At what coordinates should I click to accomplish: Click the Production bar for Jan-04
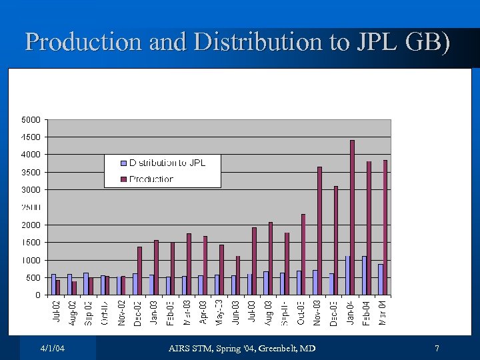pyautogui.click(x=352, y=217)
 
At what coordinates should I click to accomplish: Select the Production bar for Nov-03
pyautogui.click(x=319, y=231)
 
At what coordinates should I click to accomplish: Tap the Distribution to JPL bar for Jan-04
pyautogui.click(x=347, y=275)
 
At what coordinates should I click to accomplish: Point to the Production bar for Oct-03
pyautogui.click(x=303, y=254)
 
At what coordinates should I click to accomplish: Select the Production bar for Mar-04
pyautogui.click(x=385, y=227)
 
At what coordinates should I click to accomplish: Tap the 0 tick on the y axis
pyautogui.click(x=38, y=295)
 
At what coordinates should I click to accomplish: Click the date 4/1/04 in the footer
pyautogui.click(x=52, y=349)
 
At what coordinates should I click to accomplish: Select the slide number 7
pyautogui.click(x=437, y=349)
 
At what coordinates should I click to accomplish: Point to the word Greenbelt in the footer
pyautogui.click(x=274, y=349)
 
